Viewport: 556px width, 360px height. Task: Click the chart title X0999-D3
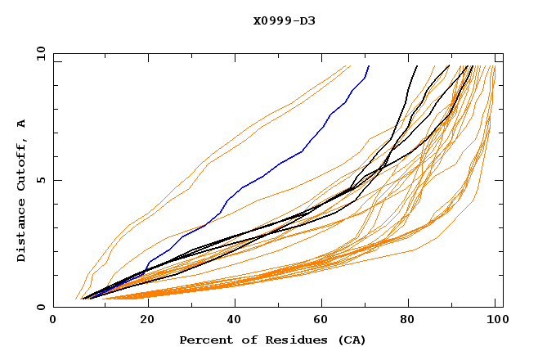pyautogui.click(x=284, y=20)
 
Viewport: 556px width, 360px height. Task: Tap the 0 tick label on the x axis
pyautogui.click(x=53, y=321)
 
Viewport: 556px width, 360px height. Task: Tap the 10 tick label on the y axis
pyautogui.click(x=39, y=53)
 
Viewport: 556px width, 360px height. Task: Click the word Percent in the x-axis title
pyautogui.click(x=203, y=340)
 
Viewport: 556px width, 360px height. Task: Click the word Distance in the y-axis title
pyautogui.click(x=21, y=232)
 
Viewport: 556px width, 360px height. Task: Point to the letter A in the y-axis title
pyautogui.click(x=21, y=124)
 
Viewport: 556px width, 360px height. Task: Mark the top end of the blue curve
pyautogui.click(x=369, y=65)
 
